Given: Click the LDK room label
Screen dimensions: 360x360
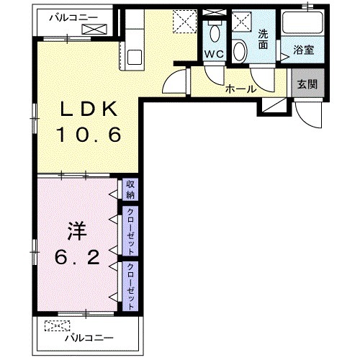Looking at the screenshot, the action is pyautogui.click(x=89, y=109).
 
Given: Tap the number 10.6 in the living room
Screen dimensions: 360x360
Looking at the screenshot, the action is pyautogui.click(x=89, y=135).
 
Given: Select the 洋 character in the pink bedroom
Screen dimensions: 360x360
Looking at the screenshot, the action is pyautogui.click(x=77, y=231).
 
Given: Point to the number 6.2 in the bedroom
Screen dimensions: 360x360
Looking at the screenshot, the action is pyautogui.click(x=77, y=256).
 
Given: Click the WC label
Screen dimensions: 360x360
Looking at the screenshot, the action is pyautogui.click(x=214, y=54).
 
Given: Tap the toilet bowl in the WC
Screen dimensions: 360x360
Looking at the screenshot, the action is pyautogui.click(x=215, y=33).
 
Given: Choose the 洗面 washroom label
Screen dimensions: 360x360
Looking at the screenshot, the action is pyautogui.click(x=263, y=40).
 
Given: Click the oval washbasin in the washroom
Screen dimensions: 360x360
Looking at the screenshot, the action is pyautogui.click(x=240, y=51).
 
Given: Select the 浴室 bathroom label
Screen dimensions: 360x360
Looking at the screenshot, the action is pyautogui.click(x=304, y=50).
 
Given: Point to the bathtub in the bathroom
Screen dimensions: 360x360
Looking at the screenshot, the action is pyautogui.click(x=302, y=23).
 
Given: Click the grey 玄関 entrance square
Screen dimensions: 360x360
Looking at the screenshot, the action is pyautogui.click(x=308, y=83).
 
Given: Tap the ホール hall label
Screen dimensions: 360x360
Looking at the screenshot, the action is pyautogui.click(x=240, y=89).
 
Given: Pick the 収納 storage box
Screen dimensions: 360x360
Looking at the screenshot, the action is pyautogui.click(x=130, y=189).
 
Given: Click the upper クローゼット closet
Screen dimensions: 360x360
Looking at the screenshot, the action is pyautogui.click(x=130, y=231).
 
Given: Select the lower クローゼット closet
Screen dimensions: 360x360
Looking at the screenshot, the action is pyautogui.click(x=130, y=286).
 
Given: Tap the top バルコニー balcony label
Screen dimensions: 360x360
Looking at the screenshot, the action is pyautogui.click(x=73, y=18).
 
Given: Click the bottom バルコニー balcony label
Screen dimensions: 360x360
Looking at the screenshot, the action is pyautogui.click(x=89, y=338).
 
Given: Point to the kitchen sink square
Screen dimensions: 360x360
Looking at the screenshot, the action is pyautogui.click(x=135, y=57).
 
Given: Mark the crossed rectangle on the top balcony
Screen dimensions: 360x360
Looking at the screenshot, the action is pyautogui.click(x=94, y=29).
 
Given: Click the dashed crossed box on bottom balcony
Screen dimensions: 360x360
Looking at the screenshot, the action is pyautogui.click(x=57, y=326).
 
